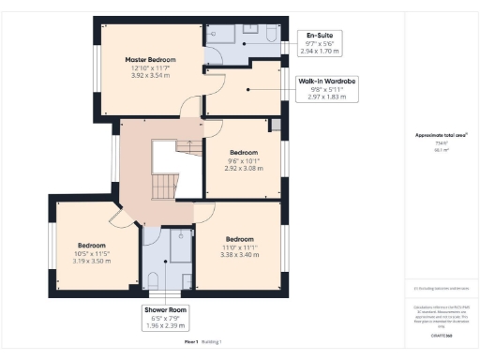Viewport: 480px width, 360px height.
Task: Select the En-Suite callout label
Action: click(x=312, y=37)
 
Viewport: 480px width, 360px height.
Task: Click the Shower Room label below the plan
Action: click(x=165, y=309)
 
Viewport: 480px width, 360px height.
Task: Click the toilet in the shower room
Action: click(x=153, y=278)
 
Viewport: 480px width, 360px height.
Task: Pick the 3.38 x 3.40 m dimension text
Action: click(x=239, y=253)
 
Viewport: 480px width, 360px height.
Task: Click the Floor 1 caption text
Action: click(x=190, y=342)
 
